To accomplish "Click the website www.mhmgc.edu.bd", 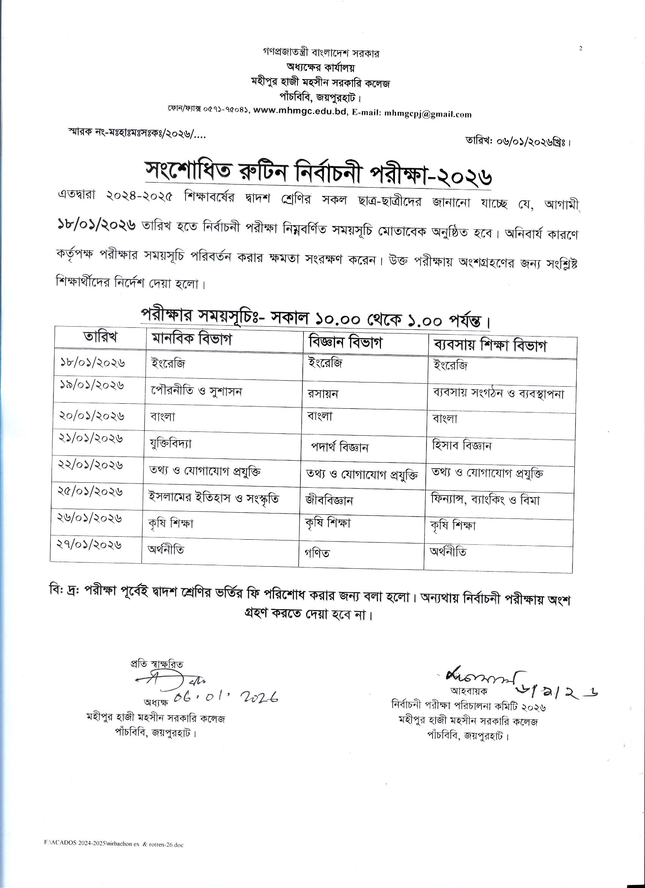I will tap(300, 112).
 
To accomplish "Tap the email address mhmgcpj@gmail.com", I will tap(428, 114).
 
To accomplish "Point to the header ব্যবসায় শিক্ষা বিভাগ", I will tap(490, 345).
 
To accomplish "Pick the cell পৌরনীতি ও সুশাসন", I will tap(197, 391).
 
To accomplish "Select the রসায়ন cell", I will tap(323, 393).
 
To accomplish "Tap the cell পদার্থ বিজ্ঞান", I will tap(340, 447).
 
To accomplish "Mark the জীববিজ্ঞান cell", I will tap(329, 500).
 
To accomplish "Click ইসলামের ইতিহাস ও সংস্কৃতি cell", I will tap(214, 498).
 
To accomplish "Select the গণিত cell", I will tap(317, 553).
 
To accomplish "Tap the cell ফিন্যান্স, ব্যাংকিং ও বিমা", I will tap(485, 500).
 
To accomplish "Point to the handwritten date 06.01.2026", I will tap(226, 697).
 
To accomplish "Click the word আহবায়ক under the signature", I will tap(469, 691).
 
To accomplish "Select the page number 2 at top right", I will tap(580, 49).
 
